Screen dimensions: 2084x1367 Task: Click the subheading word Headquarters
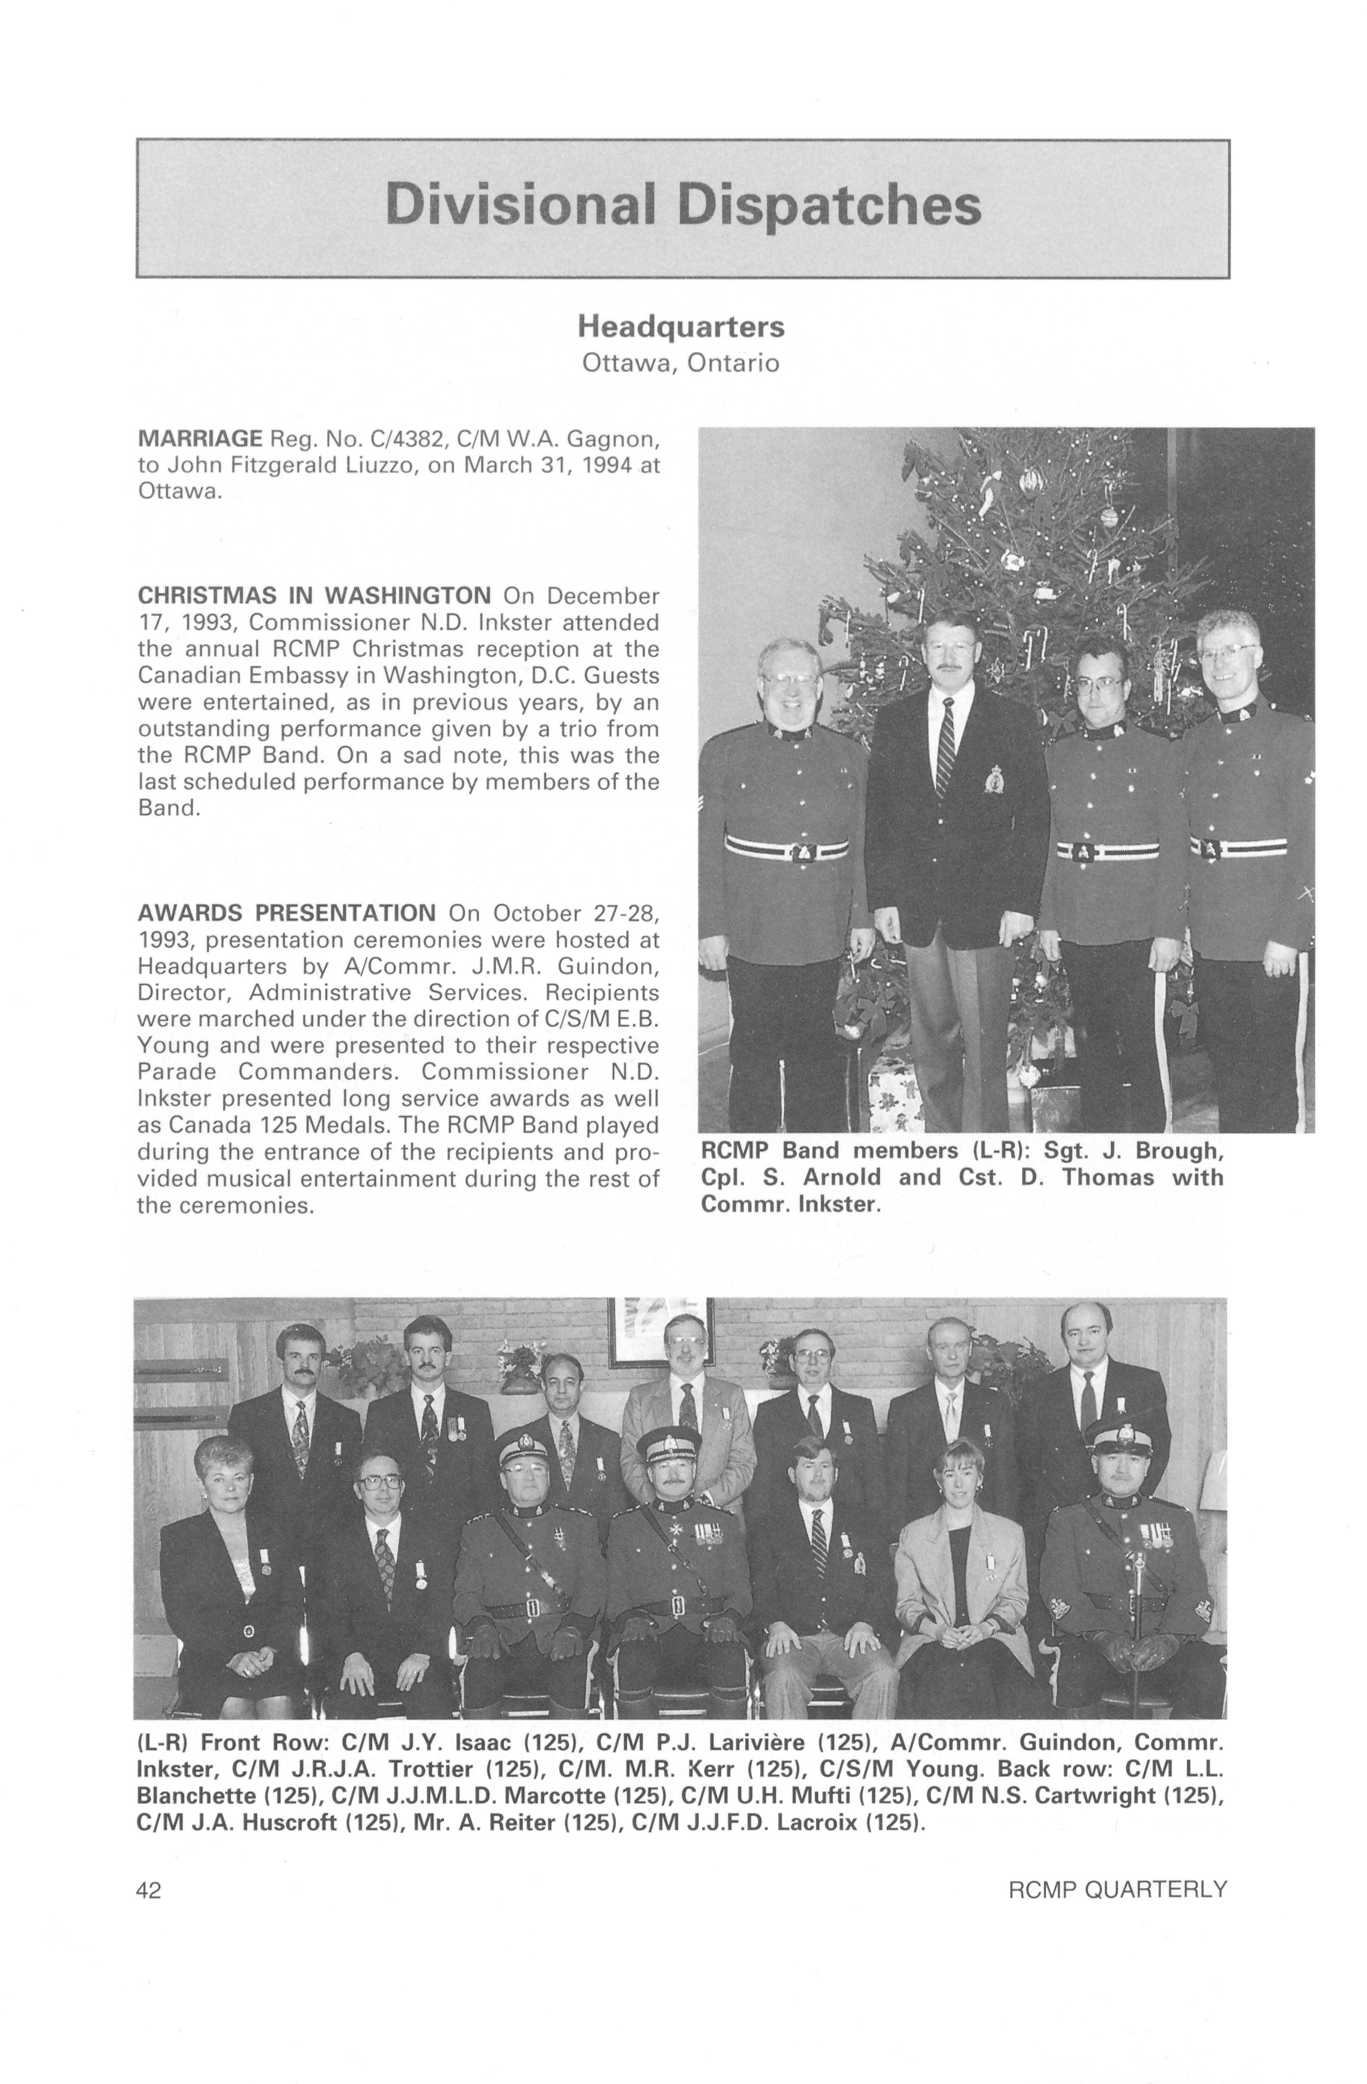click(x=680, y=327)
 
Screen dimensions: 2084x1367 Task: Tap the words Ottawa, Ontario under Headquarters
click(x=680, y=363)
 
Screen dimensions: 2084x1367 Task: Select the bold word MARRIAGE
click(x=200, y=438)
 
